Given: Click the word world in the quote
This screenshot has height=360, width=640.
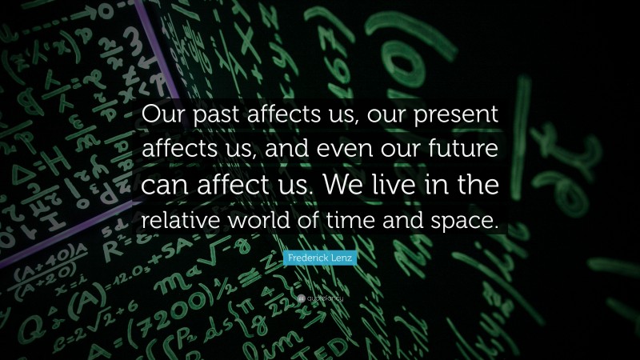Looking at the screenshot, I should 264,220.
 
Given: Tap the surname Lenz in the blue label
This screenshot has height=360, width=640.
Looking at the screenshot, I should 342,258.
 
